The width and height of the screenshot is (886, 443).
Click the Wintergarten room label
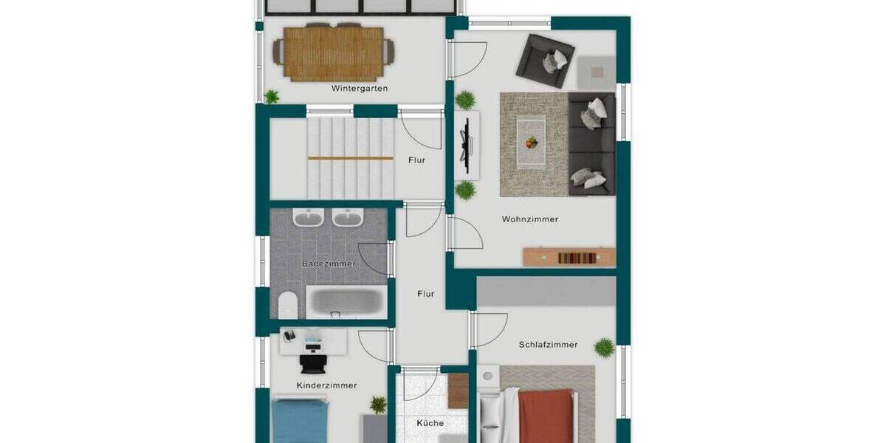click(360, 89)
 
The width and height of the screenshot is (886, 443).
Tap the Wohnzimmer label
click(530, 219)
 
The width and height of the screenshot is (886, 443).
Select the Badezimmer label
click(329, 264)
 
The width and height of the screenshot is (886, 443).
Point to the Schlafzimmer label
click(548, 345)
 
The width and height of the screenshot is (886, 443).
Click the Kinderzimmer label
click(326, 385)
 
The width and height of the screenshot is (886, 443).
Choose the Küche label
click(430, 423)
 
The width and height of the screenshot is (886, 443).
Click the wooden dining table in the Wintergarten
click(334, 53)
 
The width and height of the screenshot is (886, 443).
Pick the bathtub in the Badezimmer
click(346, 303)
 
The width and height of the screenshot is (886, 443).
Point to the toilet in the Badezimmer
click(287, 304)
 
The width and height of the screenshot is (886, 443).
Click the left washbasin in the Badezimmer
click(307, 218)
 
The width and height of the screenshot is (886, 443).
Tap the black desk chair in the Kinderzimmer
click(312, 363)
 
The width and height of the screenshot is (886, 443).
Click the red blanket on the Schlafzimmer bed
click(546, 417)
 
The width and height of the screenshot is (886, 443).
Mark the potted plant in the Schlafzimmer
click(604, 347)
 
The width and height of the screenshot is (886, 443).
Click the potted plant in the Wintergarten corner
click(272, 96)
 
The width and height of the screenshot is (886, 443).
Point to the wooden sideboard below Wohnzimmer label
click(569, 257)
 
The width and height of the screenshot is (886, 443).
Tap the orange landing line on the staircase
click(351, 158)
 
